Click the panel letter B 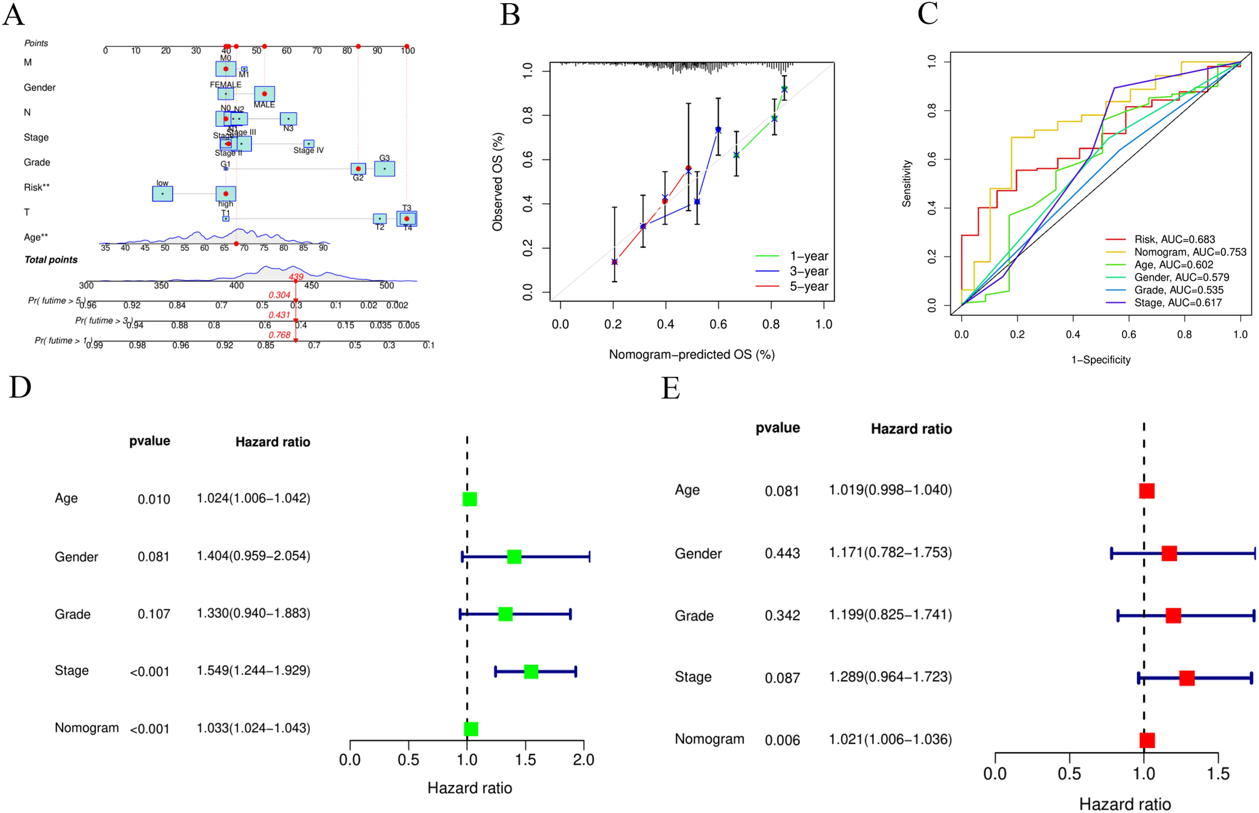pyautogui.click(x=509, y=15)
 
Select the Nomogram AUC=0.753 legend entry pyautogui.click(x=1189, y=252)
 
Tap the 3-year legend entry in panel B pyautogui.click(x=808, y=272)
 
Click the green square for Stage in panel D pyautogui.click(x=531, y=672)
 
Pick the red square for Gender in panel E pyautogui.click(x=1169, y=553)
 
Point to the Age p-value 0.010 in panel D pyautogui.click(x=154, y=499)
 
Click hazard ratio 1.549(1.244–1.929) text pyautogui.click(x=253, y=671)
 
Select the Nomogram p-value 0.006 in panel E pyautogui.click(x=782, y=740)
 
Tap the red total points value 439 pyautogui.click(x=296, y=277)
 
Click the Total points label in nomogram pyautogui.click(x=51, y=260)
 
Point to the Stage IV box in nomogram pyautogui.click(x=308, y=144)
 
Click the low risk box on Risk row pyautogui.click(x=162, y=194)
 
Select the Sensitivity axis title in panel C pyautogui.click(x=906, y=183)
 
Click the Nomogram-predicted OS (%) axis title pyautogui.click(x=691, y=355)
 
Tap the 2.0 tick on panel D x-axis pyautogui.click(x=583, y=760)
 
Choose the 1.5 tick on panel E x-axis pyautogui.click(x=1218, y=773)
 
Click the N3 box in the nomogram pyautogui.click(x=288, y=119)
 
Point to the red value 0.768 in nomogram pyautogui.click(x=280, y=335)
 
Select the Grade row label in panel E pyautogui.click(x=694, y=616)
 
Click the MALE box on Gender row pyautogui.click(x=264, y=94)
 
